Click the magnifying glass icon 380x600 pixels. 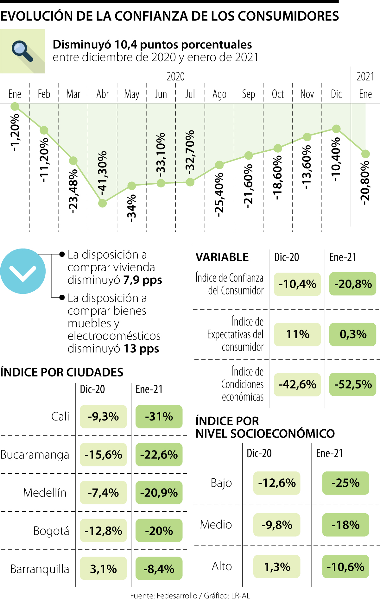(22, 51)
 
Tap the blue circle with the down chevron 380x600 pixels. (23, 271)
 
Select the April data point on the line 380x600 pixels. (102, 203)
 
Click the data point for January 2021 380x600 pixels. (365, 154)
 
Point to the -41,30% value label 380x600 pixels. (102, 173)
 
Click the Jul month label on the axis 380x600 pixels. (190, 94)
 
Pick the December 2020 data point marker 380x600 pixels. (336, 129)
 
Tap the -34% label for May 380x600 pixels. (131, 208)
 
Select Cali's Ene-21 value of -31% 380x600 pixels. (159, 416)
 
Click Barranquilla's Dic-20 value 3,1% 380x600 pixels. (103, 569)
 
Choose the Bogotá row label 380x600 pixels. (51, 531)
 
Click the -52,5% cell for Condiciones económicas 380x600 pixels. (353, 384)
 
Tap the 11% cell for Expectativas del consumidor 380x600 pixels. (297, 334)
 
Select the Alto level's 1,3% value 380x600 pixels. (277, 566)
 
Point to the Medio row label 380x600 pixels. (216, 525)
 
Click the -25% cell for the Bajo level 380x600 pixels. (345, 483)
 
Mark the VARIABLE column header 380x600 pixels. (222, 257)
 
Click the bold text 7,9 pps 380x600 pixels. (142, 280)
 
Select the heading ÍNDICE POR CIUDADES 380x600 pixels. (62, 372)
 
